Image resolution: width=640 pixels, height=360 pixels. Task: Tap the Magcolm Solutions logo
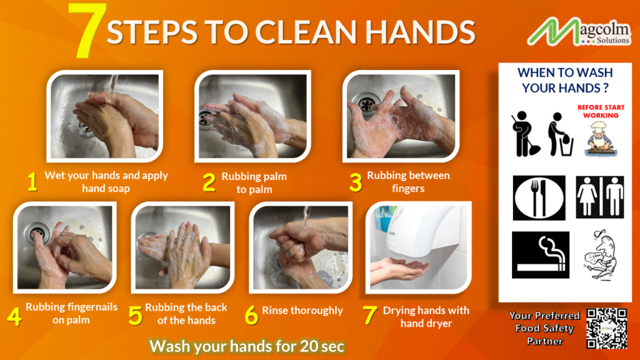click(x=579, y=32)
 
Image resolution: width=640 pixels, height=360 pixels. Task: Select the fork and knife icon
click(x=539, y=197)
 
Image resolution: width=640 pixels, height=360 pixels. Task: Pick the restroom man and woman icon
click(x=599, y=197)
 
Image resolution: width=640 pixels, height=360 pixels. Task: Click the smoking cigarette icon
click(x=540, y=254)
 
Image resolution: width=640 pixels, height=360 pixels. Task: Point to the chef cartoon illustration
click(x=599, y=137)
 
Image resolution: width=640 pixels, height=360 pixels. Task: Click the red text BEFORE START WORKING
click(x=601, y=111)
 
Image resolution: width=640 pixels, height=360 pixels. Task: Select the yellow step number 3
click(x=356, y=182)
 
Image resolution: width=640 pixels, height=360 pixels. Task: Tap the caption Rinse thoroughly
click(x=302, y=311)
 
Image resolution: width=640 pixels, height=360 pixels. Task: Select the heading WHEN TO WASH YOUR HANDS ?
click(x=565, y=81)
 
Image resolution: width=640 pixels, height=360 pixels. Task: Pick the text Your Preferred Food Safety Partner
click(x=544, y=328)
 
